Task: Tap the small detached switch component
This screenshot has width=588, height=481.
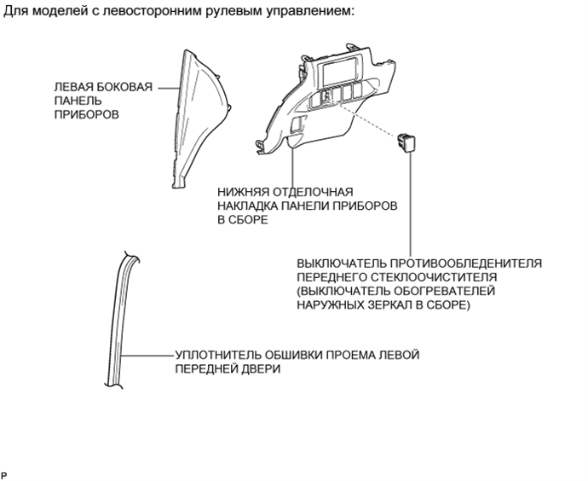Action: click(x=406, y=142)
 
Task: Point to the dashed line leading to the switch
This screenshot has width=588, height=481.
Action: click(x=367, y=119)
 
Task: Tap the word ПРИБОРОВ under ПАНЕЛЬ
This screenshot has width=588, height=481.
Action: click(x=87, y=114)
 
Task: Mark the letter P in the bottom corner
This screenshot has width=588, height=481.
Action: click(x=3, y=475)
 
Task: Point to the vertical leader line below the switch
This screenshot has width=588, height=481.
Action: click(x=410, y=204)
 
